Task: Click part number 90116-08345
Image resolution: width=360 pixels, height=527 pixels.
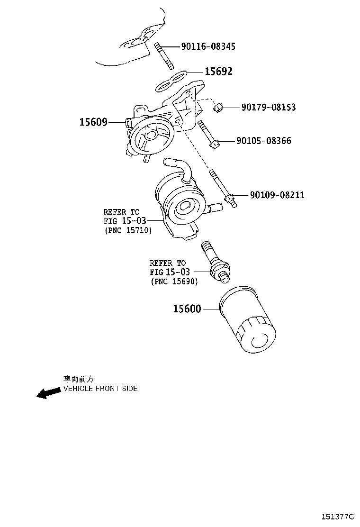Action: point(208,46)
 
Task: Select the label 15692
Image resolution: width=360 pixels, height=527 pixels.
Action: point(218,72)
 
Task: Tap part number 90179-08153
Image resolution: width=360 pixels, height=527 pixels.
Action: point(268,108)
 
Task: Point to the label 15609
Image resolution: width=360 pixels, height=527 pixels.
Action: point(93,122)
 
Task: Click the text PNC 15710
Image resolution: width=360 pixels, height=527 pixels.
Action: point(127,230)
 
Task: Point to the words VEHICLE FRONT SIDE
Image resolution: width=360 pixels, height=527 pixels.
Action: point(100,389)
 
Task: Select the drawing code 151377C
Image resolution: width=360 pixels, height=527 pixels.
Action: point(338,516)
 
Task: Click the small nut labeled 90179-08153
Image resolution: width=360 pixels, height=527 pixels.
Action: point(218,108)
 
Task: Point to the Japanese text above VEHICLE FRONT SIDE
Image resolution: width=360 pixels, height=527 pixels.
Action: point(79,379)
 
